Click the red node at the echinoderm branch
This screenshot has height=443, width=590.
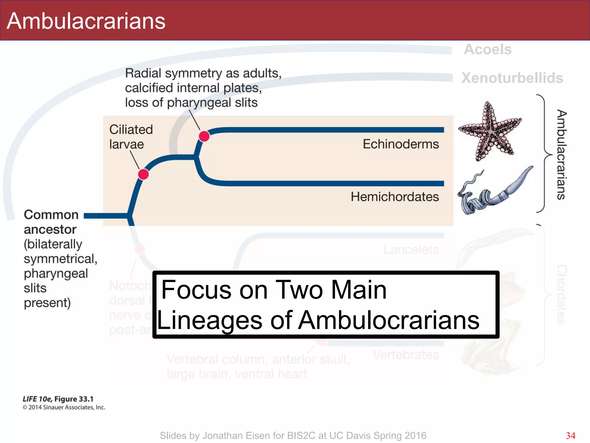(x=204, y=136)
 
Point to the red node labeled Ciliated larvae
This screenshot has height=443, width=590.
(x=143, y=174)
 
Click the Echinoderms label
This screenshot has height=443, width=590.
(x=400, y=144)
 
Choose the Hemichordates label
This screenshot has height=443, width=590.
(x=394, y=197)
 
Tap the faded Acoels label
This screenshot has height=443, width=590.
(x=487, y=49)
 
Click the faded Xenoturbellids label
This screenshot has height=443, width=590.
(x=512, y=78)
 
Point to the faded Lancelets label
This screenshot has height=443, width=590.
(x=411, y=249)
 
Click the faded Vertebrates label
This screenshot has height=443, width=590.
(x=406, y=355)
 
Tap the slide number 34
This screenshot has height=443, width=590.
(x=570, y=436)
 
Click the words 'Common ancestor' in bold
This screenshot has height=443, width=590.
(x=51, y=222)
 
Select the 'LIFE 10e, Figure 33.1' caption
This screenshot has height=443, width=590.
(x=58, y=399)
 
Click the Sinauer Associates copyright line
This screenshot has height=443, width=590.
(x=64, y=407)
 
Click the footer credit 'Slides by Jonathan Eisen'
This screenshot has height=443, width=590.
(x=293, y=436)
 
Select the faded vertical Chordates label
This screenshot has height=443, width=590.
(x=561, y=294)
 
